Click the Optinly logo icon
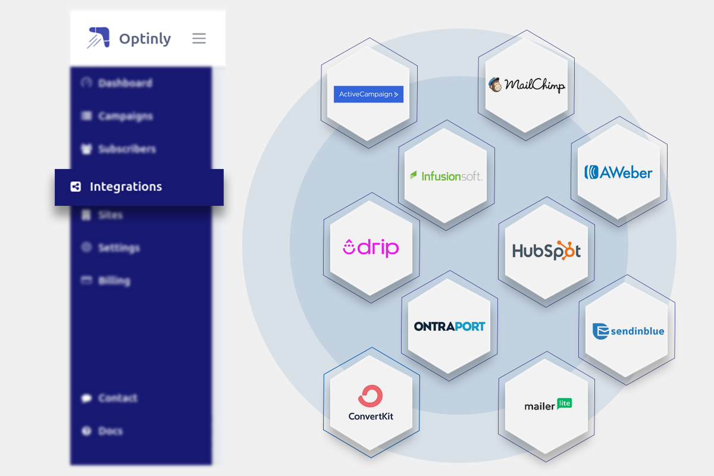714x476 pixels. tap(98, 37)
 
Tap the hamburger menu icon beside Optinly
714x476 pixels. tap(199, 39)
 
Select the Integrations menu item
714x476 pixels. tap(126, 187)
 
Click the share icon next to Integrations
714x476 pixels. tap(76, 187)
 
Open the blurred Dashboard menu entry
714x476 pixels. tap(125, 83)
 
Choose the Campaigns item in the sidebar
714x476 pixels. tap(125, 116)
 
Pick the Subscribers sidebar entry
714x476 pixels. tap(127, 149)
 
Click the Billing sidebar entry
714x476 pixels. tap(114, 280)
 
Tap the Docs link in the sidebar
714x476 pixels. tap(110, 431)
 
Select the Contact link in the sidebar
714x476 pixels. tap(117, 398)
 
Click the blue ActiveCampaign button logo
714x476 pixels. tap(368, 94)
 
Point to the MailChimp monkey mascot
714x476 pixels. tap(495, 85)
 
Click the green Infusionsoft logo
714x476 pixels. tap(446, 176)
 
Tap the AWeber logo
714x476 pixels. tap(618, 173)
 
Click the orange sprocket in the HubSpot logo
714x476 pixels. tap(568, 250)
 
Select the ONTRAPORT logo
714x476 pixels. tap(449, 326)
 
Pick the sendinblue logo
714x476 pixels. tap(628, 331)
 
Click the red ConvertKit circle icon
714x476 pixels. tap(370, 396)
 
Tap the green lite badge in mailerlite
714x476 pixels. tap(564, 403)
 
